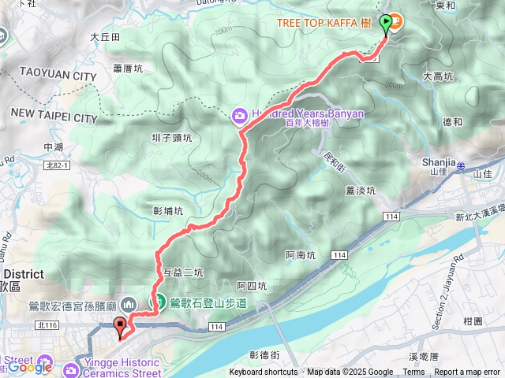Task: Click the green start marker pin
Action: [x=385, y=24]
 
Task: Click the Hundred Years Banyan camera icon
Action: [x=238, y=116]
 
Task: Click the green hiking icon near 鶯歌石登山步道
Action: [x=159, y=302]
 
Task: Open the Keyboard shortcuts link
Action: [x=264, y=372]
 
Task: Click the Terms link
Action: [x=413, y=372]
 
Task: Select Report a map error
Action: [x=468, y=372]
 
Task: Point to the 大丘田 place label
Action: [x=104, y=36]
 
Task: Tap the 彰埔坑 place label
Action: [x=167, y=211]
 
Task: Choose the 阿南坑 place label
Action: [x=300, y=255]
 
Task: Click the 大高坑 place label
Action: [x=439, y=76]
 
